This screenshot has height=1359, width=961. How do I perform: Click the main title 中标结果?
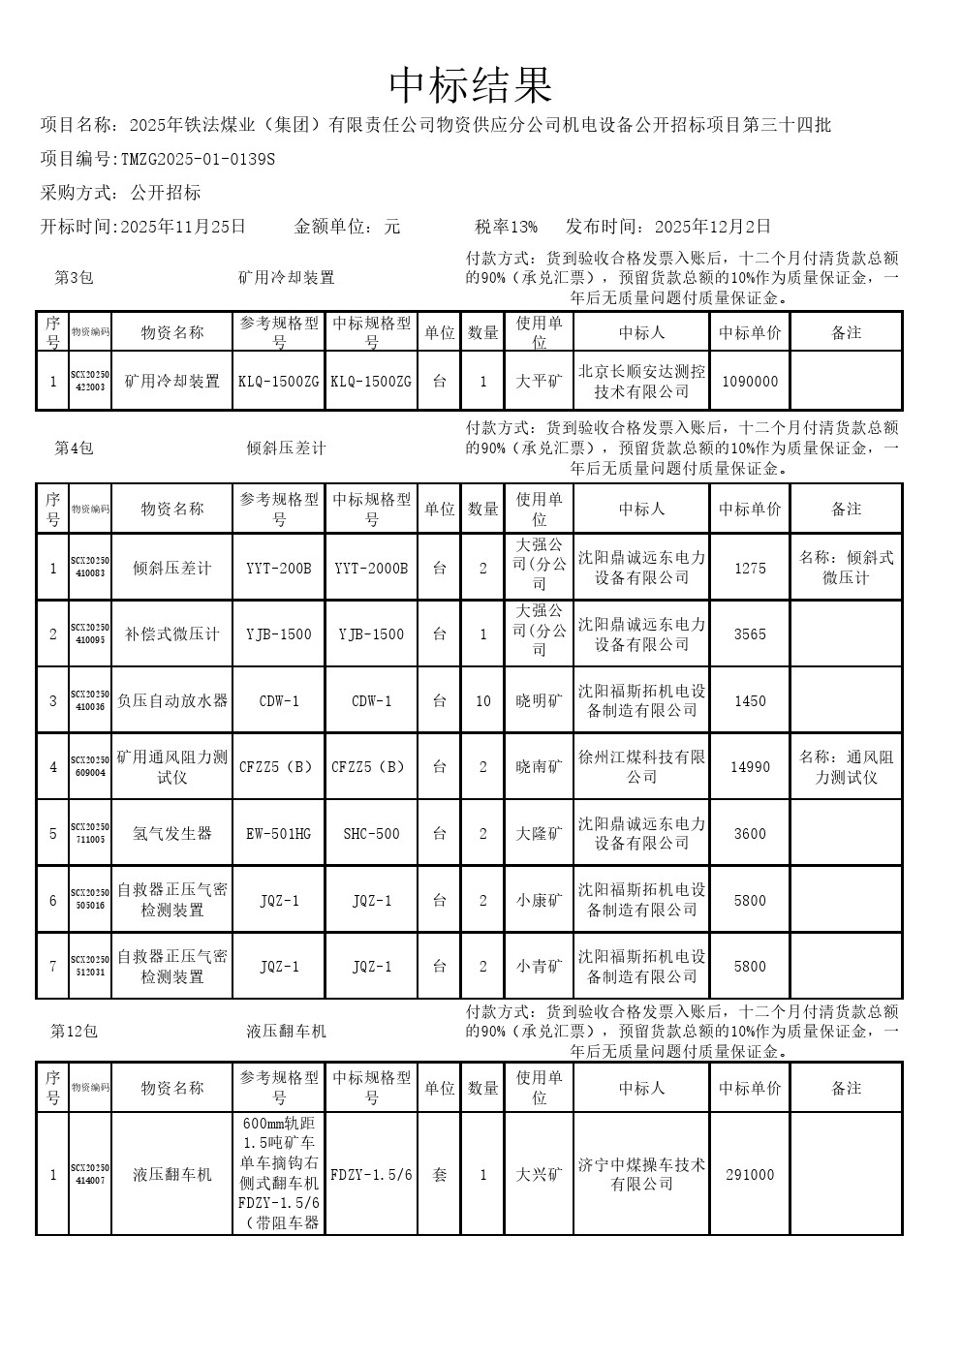(471, 86)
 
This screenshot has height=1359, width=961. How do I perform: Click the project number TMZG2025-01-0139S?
(198, 159)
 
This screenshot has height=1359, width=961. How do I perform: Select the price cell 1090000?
(750, 382)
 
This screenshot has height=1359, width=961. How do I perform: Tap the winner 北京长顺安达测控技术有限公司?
(641, 382)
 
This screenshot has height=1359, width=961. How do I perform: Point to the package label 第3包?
(74, 278)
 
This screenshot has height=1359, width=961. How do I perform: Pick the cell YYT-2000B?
(371, 569)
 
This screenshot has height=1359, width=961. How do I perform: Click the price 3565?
(750, 634)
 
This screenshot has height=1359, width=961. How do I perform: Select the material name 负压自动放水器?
(172, 700)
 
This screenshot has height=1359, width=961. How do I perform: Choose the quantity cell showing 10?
(483, 701)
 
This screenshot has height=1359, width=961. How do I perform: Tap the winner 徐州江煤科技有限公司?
(641, 766)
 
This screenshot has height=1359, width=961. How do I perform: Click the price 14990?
(750, 767)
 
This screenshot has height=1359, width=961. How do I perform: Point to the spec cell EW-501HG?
(279, 834)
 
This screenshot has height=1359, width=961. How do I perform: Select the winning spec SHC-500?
(371, 834)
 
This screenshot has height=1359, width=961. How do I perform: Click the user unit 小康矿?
(539, 901)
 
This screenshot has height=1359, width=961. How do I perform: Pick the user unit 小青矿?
(539, 967)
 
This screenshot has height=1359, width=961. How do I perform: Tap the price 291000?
(750, 1175)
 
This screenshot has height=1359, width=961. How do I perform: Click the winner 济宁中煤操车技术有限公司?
(641, 1174)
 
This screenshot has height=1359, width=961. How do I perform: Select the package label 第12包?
(75, 1032)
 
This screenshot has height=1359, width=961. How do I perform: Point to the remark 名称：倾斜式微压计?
(846, 568)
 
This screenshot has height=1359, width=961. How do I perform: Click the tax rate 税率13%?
(506, 227)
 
